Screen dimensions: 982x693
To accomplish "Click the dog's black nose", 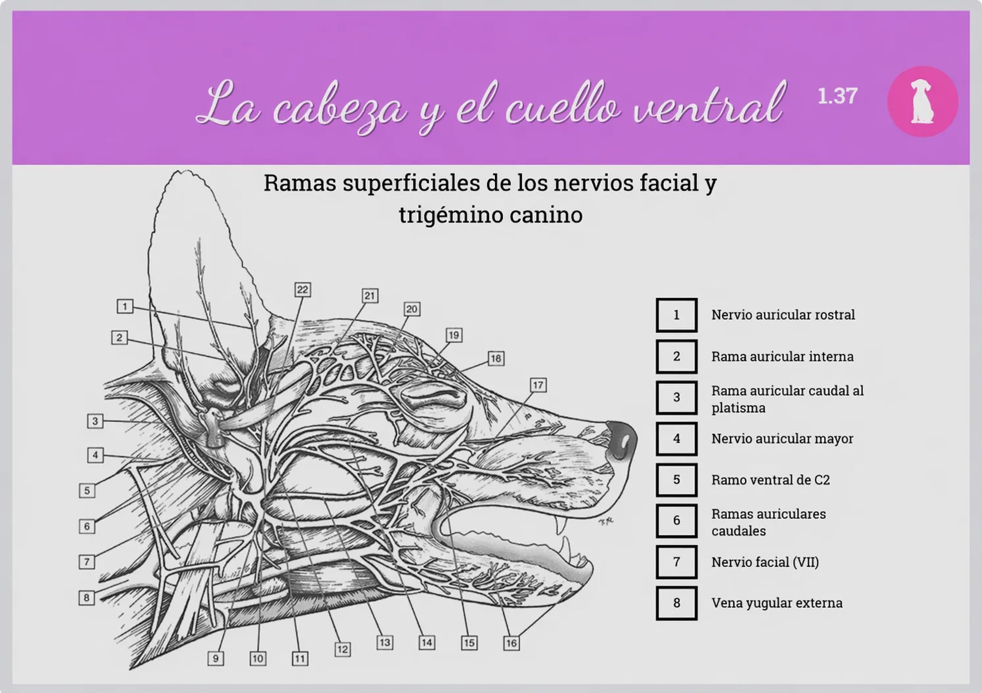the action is tap(622, 441).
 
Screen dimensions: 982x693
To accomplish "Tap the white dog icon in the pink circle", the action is tap(922, 101).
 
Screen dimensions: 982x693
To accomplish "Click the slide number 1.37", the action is tap(837, 96).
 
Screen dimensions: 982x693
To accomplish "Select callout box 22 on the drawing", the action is tap(303, 290).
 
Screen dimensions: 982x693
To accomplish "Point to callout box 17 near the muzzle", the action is tap(538, 385).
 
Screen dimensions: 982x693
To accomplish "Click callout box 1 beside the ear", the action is tap(125, 306).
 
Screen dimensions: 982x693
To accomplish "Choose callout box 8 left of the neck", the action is tap(86, 597).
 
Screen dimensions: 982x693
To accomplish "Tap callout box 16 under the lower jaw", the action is tap(511, 643).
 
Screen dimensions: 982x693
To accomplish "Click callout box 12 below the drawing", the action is tap(342, 649).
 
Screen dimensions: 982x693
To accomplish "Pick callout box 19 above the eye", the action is tap(454, 335).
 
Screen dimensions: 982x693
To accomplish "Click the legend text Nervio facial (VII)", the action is tap(765, 562).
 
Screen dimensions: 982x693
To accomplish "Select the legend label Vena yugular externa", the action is tap(777, 603).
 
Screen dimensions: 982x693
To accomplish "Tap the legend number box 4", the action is tap(677, 438).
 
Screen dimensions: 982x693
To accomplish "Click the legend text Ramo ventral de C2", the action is tap(771, 480).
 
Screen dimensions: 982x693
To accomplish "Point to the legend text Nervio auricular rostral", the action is tap(783, 315).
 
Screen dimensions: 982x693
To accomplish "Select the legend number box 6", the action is tap(677, 521).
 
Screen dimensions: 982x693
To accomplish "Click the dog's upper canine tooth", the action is tap(563, 525).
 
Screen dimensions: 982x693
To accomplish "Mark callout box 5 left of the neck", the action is tap(87, 491).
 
